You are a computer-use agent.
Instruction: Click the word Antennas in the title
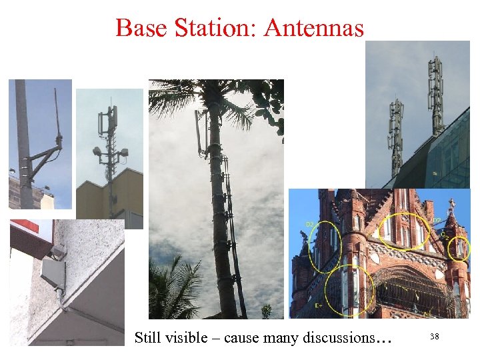(x=314, y=28)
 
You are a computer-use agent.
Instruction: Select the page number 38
(x=434, y=337)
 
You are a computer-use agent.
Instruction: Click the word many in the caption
(x=281, y=337)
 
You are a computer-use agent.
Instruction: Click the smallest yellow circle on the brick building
(x=459, y=248)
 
